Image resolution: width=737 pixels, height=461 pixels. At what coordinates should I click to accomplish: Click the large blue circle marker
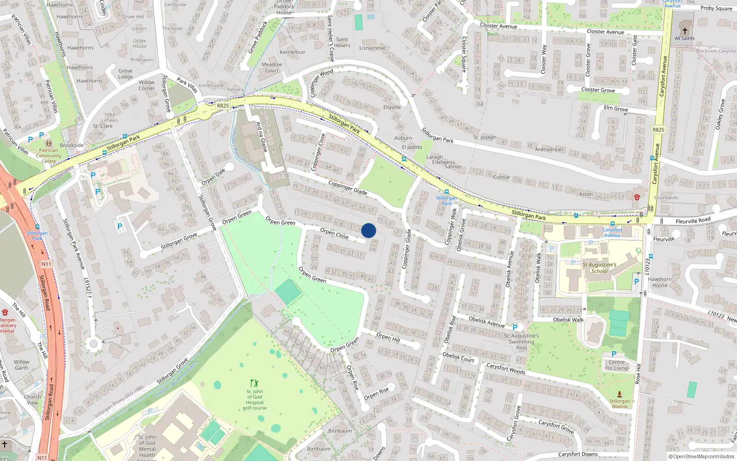(368, 230)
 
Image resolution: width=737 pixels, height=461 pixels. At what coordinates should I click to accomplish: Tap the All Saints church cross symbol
(684, 31)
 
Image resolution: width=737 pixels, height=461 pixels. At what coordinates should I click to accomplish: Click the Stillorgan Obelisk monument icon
(620, 394)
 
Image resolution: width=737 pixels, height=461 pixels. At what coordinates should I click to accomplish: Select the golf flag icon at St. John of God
(254, 383)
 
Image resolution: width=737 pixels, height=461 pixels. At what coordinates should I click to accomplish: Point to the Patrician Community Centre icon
(48, 144)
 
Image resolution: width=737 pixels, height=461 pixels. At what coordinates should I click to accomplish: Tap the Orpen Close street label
(334, 234)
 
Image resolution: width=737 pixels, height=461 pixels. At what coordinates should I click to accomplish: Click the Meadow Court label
(272, 67)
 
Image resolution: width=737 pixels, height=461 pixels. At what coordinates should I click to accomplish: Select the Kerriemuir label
(292, 52)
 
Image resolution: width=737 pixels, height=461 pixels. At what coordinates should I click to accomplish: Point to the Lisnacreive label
(372, 48)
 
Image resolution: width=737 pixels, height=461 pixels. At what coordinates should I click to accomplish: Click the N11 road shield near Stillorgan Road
(46, 264)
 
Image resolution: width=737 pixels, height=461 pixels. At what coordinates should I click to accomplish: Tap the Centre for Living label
(616, 365)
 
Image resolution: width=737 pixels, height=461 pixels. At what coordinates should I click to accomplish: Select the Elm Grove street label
(616, 108)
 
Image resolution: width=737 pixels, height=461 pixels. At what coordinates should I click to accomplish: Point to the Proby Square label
(716, 8)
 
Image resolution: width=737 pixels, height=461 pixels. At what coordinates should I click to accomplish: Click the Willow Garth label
(21, 365)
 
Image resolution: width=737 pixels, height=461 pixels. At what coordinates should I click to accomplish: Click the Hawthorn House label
(660, 282)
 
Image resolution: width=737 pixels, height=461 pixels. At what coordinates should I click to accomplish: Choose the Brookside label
(72, 145)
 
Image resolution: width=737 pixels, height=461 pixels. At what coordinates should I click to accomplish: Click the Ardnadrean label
(549, 149)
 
